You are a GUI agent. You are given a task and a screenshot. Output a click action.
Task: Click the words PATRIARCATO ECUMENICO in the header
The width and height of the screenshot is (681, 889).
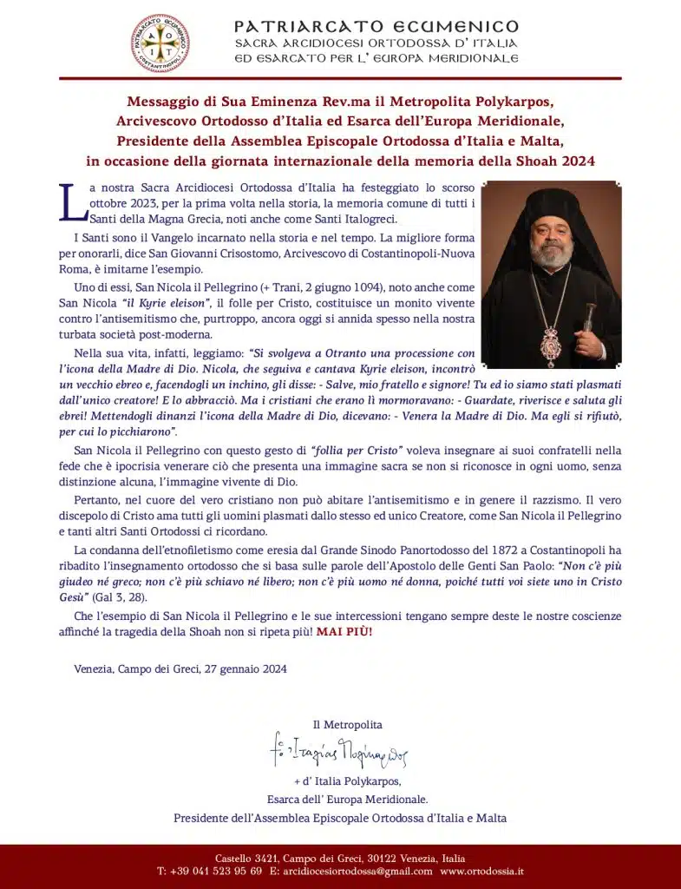point(377,26)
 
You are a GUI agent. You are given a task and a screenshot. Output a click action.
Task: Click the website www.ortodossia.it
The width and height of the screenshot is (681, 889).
point(481,870)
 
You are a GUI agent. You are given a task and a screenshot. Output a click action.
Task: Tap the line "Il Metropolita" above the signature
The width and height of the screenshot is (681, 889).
point(347,724)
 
